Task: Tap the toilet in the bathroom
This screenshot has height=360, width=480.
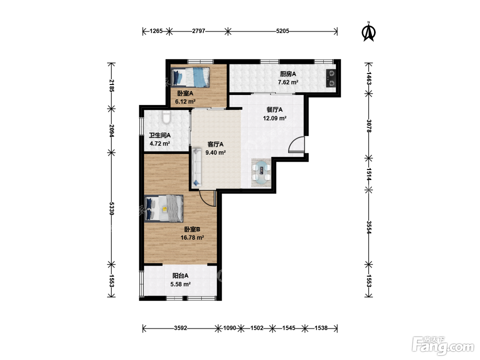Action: [x=166, y=117]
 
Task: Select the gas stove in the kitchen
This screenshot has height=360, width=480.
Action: [x=331, y=78]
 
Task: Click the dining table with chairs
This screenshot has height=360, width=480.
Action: [x=261, y=172]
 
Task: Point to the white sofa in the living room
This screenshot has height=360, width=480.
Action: [x=196, y=167]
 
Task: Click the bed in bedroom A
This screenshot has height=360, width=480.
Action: [x=190, y=77]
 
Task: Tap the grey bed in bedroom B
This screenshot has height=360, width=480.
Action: [x=164, y=208]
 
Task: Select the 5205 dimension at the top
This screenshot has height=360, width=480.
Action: [x=282, y=31]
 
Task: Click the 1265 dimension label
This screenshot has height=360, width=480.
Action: [x=156, y=31]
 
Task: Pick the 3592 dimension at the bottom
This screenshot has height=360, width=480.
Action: [x=180, y=328]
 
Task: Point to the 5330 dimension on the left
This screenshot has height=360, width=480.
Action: [x=111, y=208]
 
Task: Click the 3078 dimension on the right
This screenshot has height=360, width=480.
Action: [x=369, y=126]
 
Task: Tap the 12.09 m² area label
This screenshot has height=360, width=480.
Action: [x=275, y=118]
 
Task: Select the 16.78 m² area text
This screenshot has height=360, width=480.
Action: [x=192, y=238]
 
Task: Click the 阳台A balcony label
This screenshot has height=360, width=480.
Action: [x=180, y=276]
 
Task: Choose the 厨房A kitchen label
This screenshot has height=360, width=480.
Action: [x=288, y=74]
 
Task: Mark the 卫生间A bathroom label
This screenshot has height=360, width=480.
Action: [x=160, y=135]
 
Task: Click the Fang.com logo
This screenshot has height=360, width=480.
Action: [x=443, y=345]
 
